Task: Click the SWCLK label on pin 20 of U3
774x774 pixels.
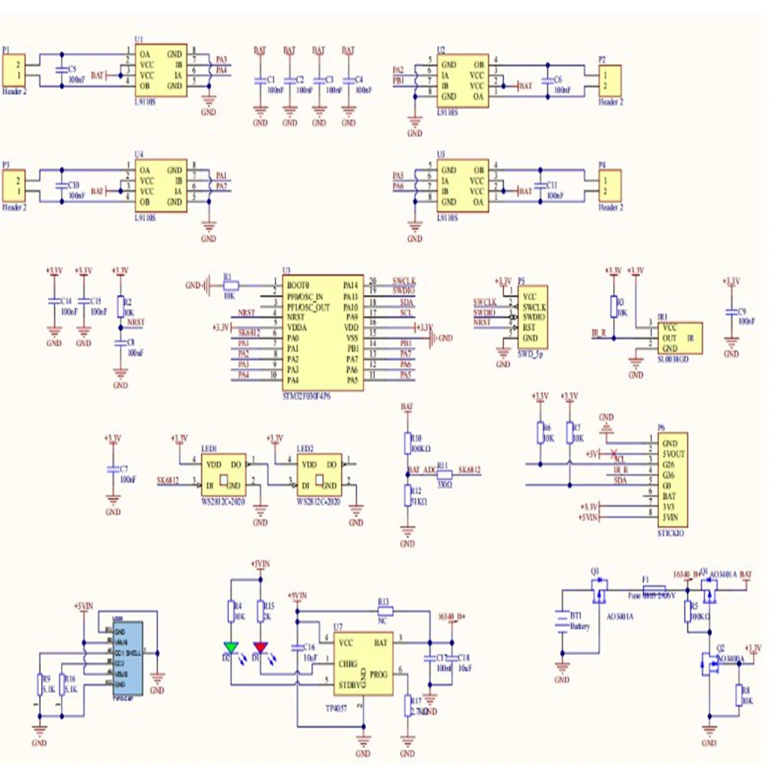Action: pyautogui.click(x=404, y=280)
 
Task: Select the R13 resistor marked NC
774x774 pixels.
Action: pyautogui.click(x=385, y=610)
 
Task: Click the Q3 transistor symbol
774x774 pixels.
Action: pyautogui.click(x=598, y=593)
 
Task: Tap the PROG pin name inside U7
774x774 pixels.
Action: pyautogui.click(x=378, y=675)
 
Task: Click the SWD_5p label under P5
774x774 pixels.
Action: pyautogui.click(x=530, y=352)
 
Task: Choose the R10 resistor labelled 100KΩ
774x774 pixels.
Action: pyautogui.click(x=408, y=444)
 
